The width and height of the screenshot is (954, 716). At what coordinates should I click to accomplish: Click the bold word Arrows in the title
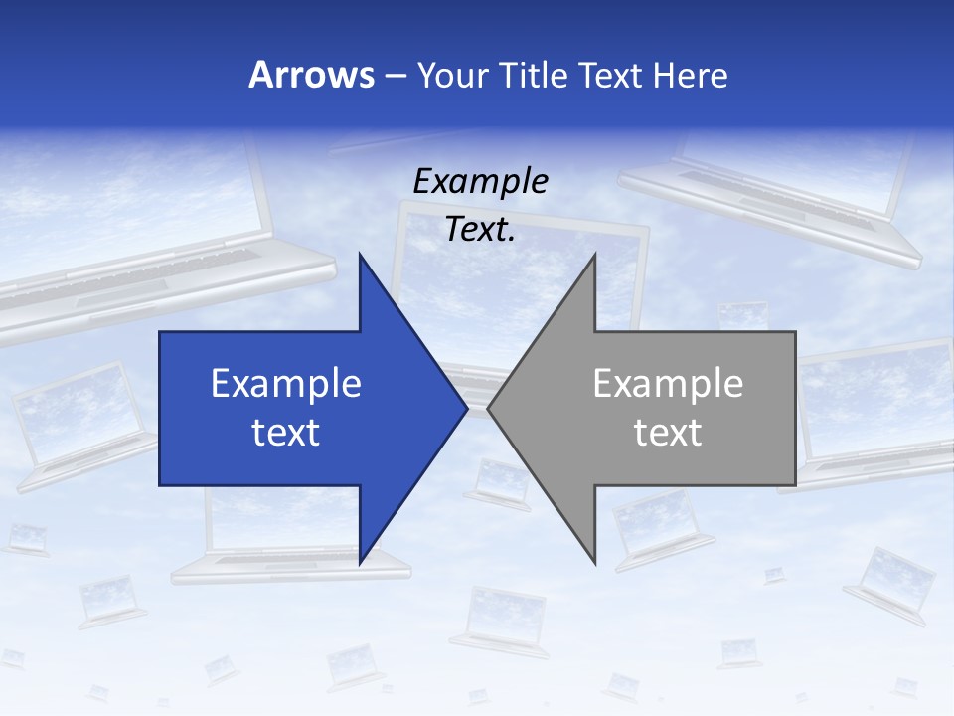tap(311, 75)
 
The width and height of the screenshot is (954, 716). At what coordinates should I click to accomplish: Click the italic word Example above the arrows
tap(480, 181)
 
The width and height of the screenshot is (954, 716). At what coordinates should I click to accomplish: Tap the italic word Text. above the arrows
tap(480, 230)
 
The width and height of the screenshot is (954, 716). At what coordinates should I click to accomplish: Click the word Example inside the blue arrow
tap(286, 383)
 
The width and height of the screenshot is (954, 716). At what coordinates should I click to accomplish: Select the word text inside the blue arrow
tap(286, 432)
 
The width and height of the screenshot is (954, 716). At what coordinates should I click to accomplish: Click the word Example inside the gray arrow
tap(668, 383)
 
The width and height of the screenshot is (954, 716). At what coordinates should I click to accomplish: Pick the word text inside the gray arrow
tap(668, 432)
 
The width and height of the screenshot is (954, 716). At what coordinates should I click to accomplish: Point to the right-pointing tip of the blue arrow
tap(467, 408)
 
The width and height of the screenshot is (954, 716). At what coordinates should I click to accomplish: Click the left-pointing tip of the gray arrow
tap(488, 408)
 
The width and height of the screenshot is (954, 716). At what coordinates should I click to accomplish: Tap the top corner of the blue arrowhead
tap(360, 254)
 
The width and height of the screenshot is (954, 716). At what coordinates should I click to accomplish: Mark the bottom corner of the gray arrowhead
tap(596, 564)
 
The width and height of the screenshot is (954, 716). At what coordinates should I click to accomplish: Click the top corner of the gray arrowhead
tap(595, 254)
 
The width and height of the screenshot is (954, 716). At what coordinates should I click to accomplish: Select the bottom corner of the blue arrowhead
tap(360, 564)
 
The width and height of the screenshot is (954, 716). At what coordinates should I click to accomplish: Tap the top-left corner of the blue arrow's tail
tap(160, 332)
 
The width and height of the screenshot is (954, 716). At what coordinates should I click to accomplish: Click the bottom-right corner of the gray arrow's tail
tap(795, 485)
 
